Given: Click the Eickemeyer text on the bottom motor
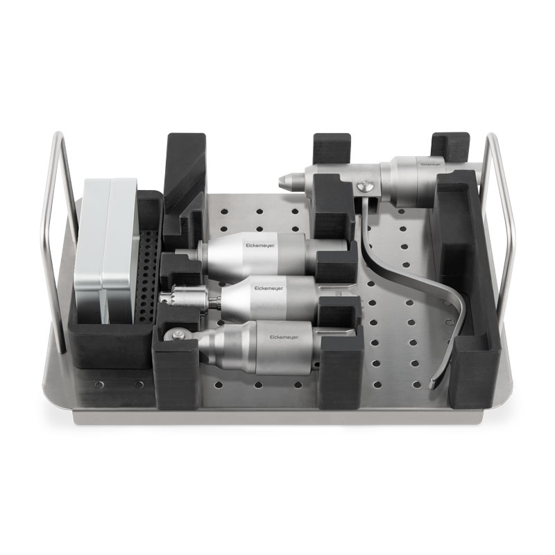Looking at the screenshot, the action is [x=284, y=337].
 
